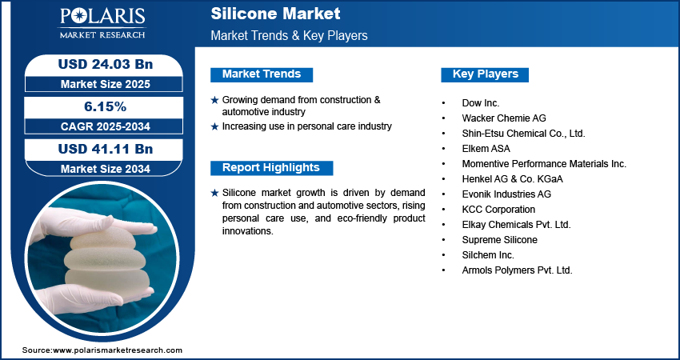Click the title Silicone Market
click(275, 14)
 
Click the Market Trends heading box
click(262, 74)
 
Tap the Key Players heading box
click(486, 74)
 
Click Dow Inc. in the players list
click(481, 103)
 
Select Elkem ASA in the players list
click(486, 149)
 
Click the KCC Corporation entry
click(498, 210)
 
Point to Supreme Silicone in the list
click(499, 240)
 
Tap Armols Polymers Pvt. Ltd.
click(517, 270)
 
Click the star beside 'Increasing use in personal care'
click(214, 126)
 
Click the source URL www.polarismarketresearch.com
click(117, 350)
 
